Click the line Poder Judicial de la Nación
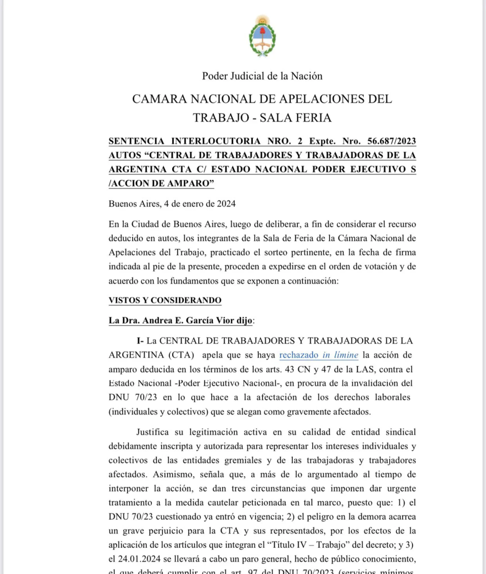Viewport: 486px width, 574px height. [x=262, y=76]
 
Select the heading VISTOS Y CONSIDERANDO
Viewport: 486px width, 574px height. [x=165, y=300]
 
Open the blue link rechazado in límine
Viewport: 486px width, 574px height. [x=318, y=355]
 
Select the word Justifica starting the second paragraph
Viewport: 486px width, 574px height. [x=154, y=432]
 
